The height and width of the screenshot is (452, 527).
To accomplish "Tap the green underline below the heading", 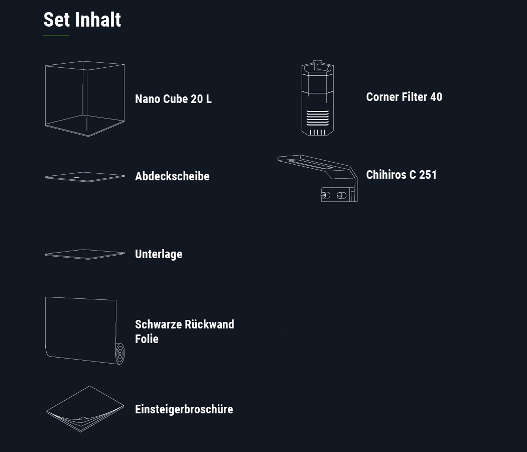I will pyautogui.click(x=56, y=36).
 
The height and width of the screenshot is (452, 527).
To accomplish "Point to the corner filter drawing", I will pyautogui.click(x=317, y=98).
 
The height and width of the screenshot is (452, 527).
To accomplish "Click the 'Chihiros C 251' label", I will pyautogui.click(x=401, y=175).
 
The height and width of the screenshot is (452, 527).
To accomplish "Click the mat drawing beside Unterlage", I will pyautogui.click(x=85, y=254).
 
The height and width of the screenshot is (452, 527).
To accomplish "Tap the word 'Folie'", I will pyautogui.click(x=147, y=339).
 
